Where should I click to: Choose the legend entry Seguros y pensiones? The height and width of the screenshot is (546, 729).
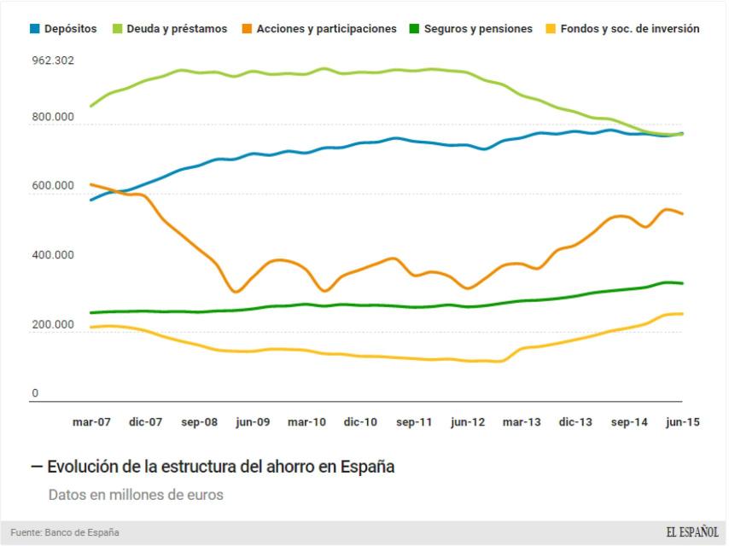click(476, 29)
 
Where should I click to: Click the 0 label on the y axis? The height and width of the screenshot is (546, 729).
click(35, 394)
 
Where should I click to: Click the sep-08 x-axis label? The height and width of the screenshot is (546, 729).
click(199, 422)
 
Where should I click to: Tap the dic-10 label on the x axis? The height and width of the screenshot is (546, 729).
click(360, 422)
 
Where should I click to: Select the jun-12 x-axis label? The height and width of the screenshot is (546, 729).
click(468, 422)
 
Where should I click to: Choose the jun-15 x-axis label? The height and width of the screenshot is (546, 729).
click(682, 422)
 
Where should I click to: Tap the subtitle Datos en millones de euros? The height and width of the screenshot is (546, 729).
click(136, 495)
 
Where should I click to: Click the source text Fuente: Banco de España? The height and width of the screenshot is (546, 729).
click(65, 533)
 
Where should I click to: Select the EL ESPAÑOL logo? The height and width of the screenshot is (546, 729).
click(692, 533)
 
